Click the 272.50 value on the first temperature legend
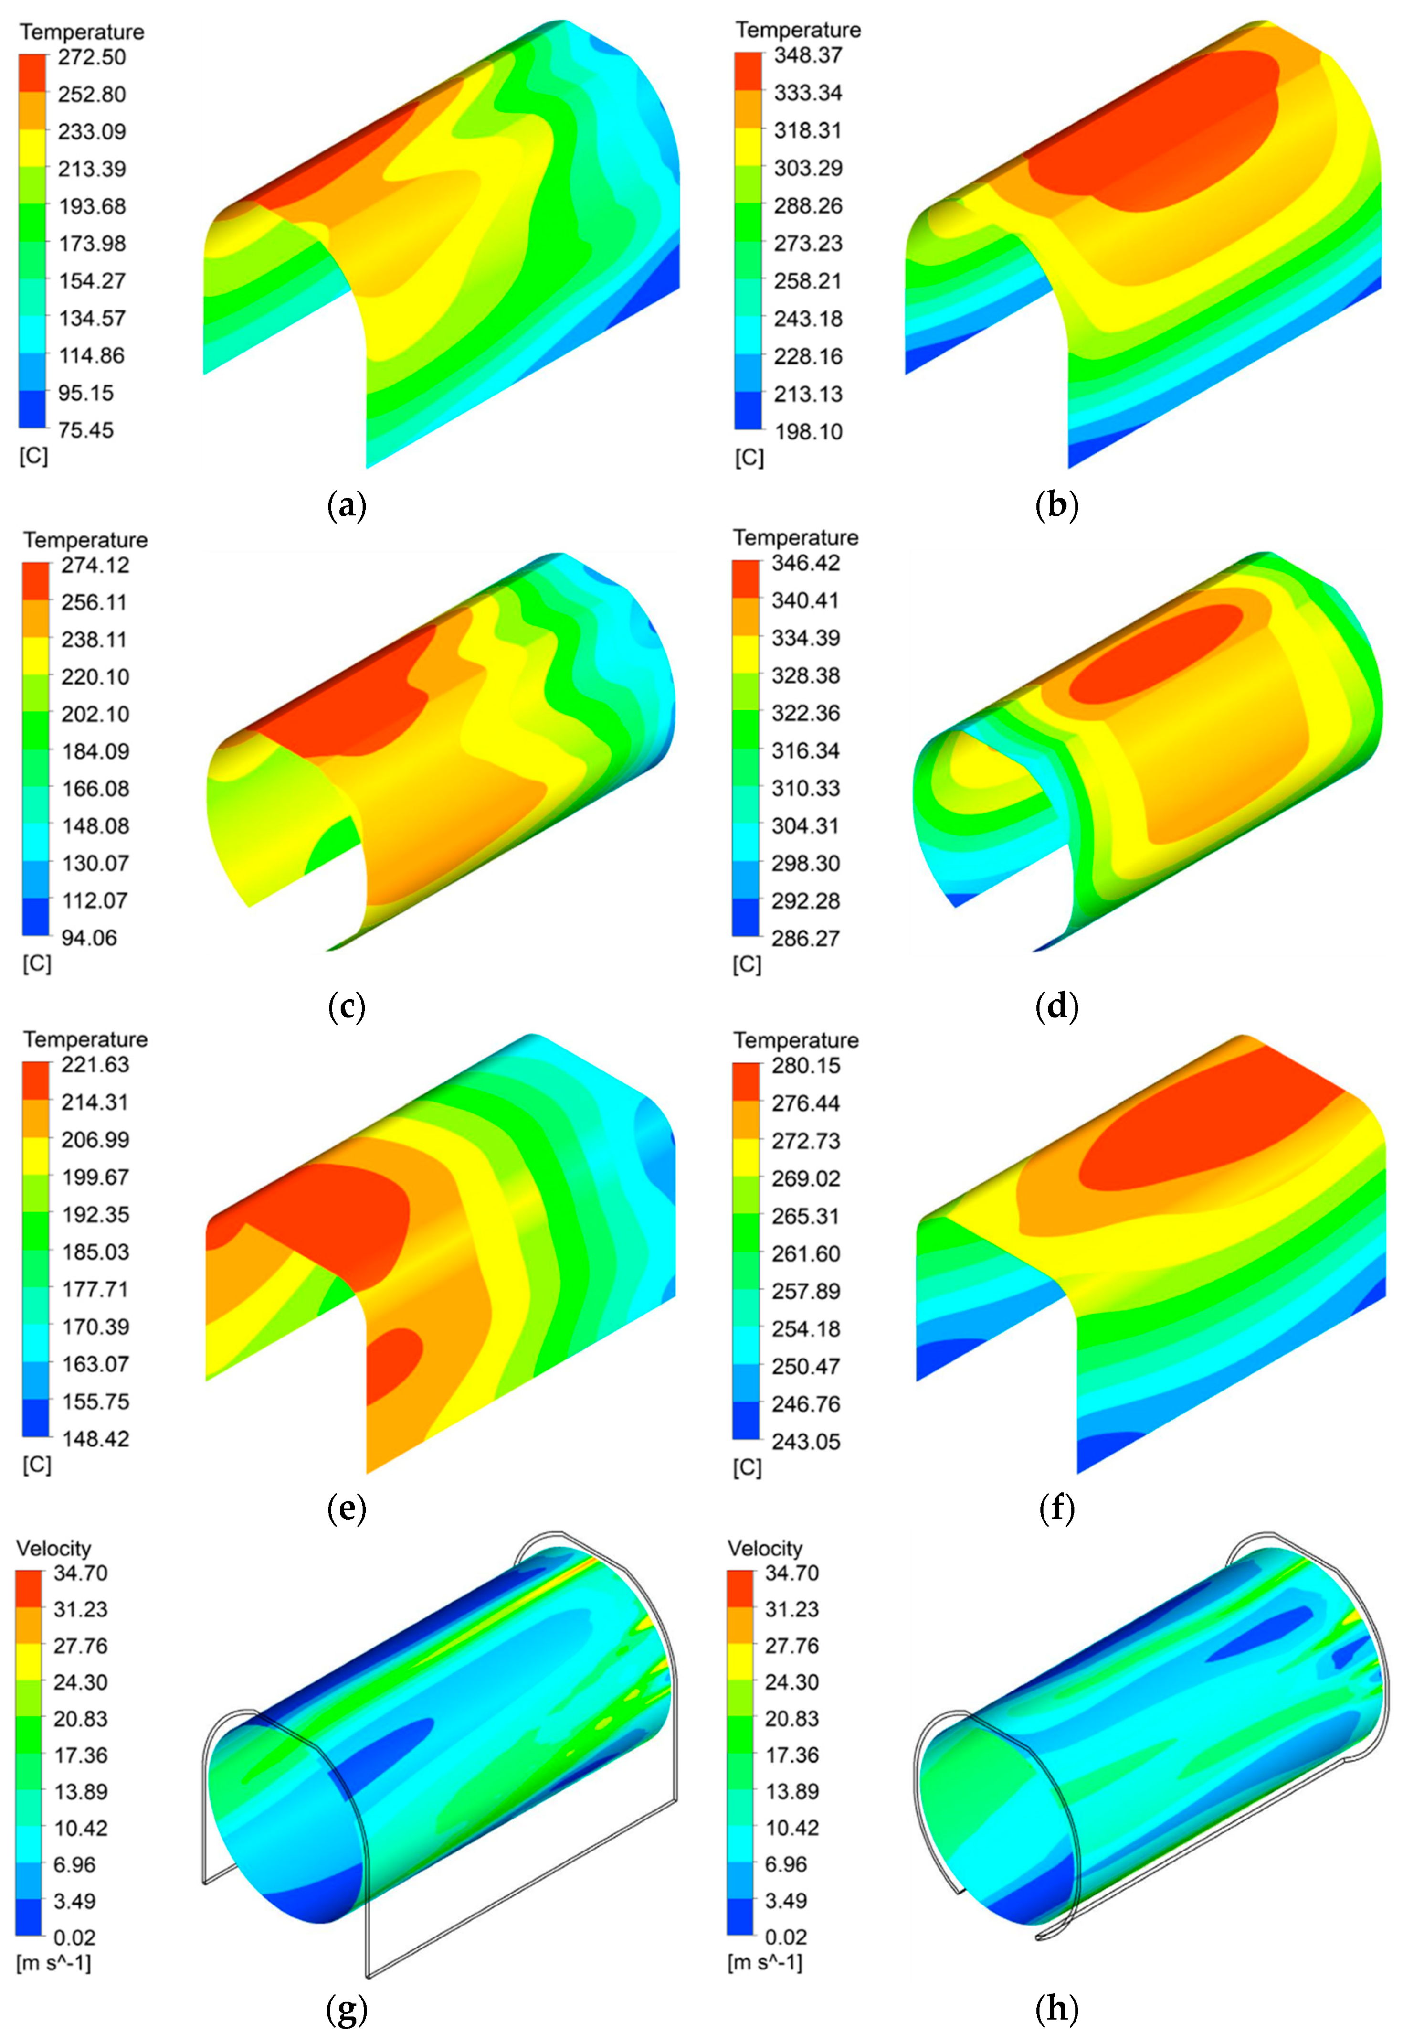[x=92, y=57]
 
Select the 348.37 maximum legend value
[x=807, y=55]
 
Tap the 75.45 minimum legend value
[x=85, y=430]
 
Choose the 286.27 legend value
[x=805, y=939]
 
